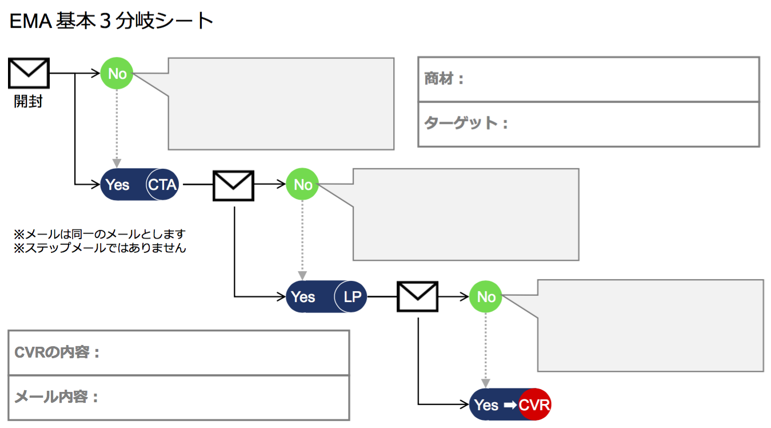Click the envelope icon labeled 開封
click(29, 73)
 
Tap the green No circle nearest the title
click(117, 73)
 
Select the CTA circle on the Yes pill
click(163, 185)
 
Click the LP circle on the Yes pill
click(350, 296)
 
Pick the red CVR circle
click(535, 405)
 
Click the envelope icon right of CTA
click(233, 185)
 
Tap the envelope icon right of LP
click(418, 296)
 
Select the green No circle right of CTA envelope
click(302, 185)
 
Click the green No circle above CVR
click(486, 296)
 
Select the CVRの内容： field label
click(57, 352)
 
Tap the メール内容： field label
click(56, 397)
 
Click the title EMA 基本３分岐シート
click(111, 22)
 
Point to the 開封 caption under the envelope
click(29, 102)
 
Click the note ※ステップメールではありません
click(100, 248)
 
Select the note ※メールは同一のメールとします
click(100, 234)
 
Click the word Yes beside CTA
click(118, 185)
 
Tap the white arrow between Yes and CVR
click(510, 405)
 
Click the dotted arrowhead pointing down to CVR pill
click(486, 383)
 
